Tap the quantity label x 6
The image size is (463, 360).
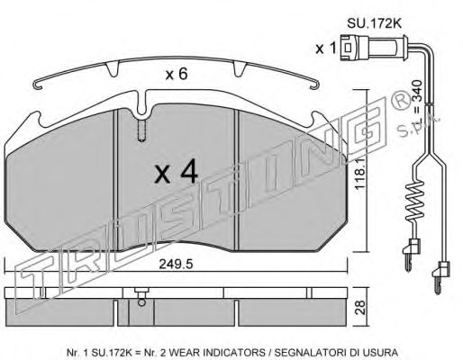click(x=177, y=76)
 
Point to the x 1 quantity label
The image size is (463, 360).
click(x=324, y=49)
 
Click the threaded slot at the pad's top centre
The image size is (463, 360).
click(x=141, y=132)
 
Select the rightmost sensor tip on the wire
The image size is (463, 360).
click(x=441, y=273)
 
